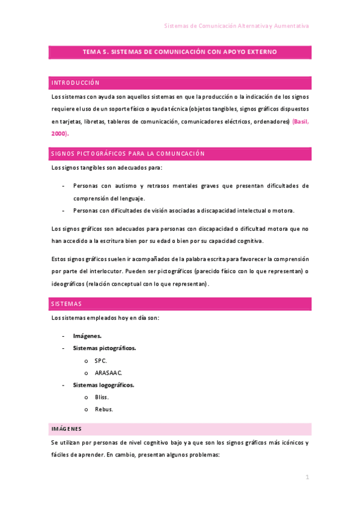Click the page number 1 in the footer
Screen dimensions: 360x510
pyautogui.click(x=307, y=477)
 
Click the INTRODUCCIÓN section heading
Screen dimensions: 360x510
pyautogui.click(x=76, y=83)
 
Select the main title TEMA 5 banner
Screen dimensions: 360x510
pyautogui.click(x=180, y=52)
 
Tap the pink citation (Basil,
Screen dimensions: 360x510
pyautogui.click(x=301, y=121)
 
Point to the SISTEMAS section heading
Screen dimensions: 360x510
pyautogui.click(x=67, y=304)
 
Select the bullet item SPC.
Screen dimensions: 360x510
pyautogui.click(x=100, y=360)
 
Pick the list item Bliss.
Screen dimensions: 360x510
pyautogui.click(x=102, y=398)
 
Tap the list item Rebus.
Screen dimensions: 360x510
pyautogui.click(x=103, y=410)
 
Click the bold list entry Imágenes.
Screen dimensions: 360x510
pyautogui.click(x=87, y=336)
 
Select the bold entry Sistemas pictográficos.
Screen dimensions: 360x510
pyautogui.click(x=104, y=348)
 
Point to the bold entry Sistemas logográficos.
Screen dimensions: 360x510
pyautogui.click(x=103, y=385)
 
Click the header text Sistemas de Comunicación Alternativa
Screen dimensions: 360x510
pyautogui.click(x=237, y=26)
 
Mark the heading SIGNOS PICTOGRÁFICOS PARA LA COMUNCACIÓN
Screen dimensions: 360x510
pyautogui.click(x=128, y=153)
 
